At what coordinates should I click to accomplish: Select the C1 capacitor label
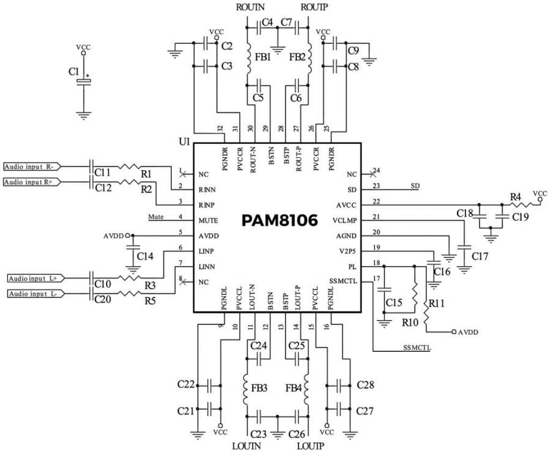pyautogui.click(x=73, y=72)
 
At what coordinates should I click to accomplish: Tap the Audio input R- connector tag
pyautogui.click(x=31, y=166)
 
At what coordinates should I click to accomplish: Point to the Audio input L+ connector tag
pyautogui.click(x=36, y=278)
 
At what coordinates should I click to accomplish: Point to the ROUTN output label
pyautogui.click(x=250, y=7)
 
